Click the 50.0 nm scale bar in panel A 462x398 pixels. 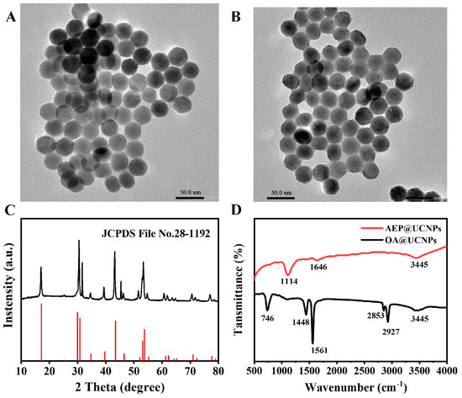click(188, 188)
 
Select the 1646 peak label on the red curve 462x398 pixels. click(317, 267)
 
